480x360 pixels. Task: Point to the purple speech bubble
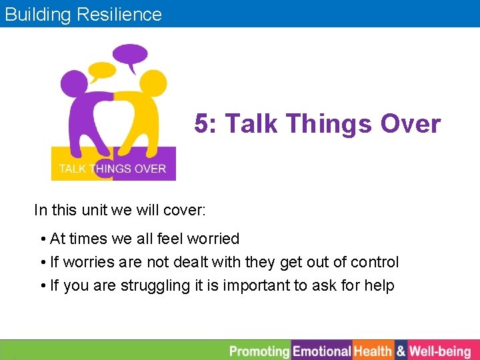tap(131, 55)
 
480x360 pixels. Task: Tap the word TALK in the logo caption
tap(72, 169)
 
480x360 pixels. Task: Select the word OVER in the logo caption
tap(150, 169)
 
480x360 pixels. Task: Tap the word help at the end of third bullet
tap(379, 286)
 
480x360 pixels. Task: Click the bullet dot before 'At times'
tap(43, 239)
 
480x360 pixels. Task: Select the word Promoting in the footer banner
tap(259, 351)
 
